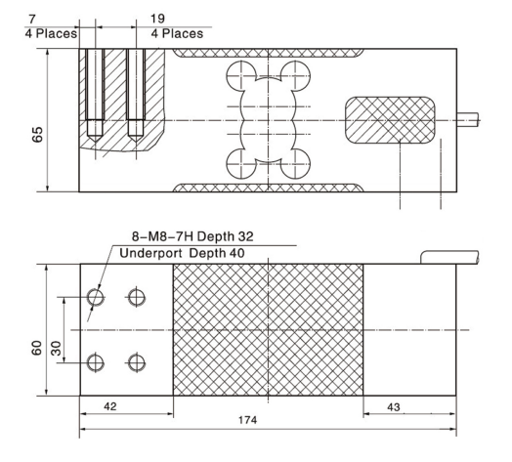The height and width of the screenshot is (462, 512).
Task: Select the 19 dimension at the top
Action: pos(159,19)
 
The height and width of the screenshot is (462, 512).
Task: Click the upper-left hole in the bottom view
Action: pos(95,296)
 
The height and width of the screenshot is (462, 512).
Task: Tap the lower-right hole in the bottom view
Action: pos(136,363)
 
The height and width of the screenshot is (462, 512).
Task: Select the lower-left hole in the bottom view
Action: pos(95,363)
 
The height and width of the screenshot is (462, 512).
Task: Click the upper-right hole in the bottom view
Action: pos(136,296)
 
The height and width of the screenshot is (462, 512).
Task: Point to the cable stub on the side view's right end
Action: pos(470,120)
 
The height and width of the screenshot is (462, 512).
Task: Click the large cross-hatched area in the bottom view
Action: pos(268,330)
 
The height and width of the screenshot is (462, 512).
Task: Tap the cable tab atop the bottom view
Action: pos(449,257)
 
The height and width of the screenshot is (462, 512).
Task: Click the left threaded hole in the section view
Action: pos(95,93)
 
